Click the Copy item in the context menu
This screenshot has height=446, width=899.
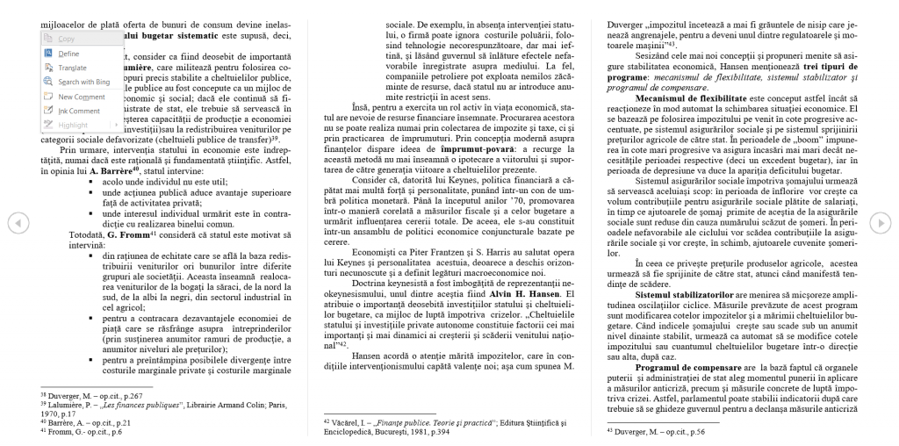click(x=67, y=39)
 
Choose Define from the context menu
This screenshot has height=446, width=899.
click(x=68, y=54)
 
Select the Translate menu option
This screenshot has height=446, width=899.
click(x=72, y=68)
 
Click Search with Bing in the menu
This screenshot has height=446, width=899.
click(x=83, y=82)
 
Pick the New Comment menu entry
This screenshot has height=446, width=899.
click(x=81, y=97)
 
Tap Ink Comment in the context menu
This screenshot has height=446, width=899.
click(x=79, y=111)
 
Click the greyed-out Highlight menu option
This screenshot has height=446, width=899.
click(x=73, y=125)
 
